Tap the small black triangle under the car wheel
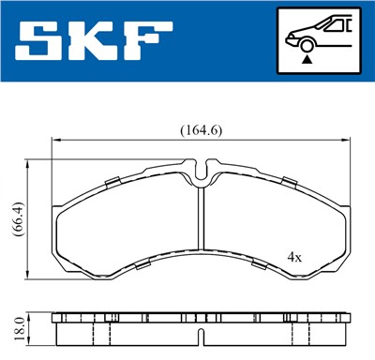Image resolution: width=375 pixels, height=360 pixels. [x=307, y=59]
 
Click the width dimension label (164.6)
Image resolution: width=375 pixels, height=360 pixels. [x=200, y=130]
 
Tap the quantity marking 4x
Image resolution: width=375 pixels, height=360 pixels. [x=294, y=256]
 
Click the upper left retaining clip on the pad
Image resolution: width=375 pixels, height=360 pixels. [x=111, y=180]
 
